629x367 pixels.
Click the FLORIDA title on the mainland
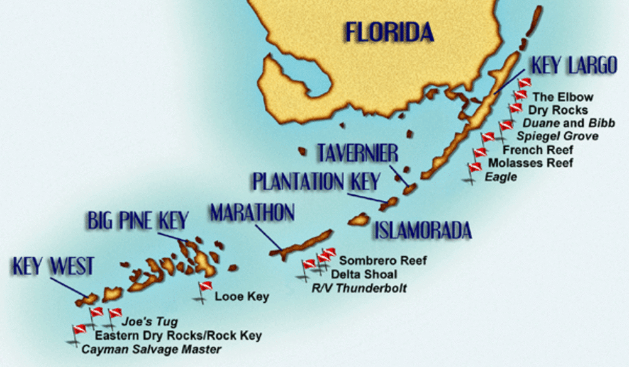[388, 31]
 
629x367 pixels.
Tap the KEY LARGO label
[573, 65]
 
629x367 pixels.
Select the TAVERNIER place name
[357, 153]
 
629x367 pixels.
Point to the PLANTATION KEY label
[316, 182]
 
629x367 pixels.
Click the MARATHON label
[252, 213]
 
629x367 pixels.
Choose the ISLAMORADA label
[423, 230]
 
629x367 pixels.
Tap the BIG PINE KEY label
[136, 221]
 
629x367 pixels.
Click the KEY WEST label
[53, 266]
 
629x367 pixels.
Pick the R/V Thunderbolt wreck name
[359, 288]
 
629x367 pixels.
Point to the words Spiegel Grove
[557, 136]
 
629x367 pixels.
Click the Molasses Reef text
[530, 164]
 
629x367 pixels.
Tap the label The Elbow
[562, 97]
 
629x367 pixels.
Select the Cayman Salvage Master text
[152, 349]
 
